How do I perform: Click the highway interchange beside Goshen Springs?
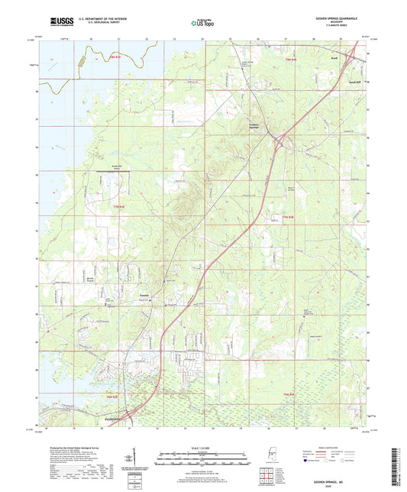[x=283, y=140]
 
